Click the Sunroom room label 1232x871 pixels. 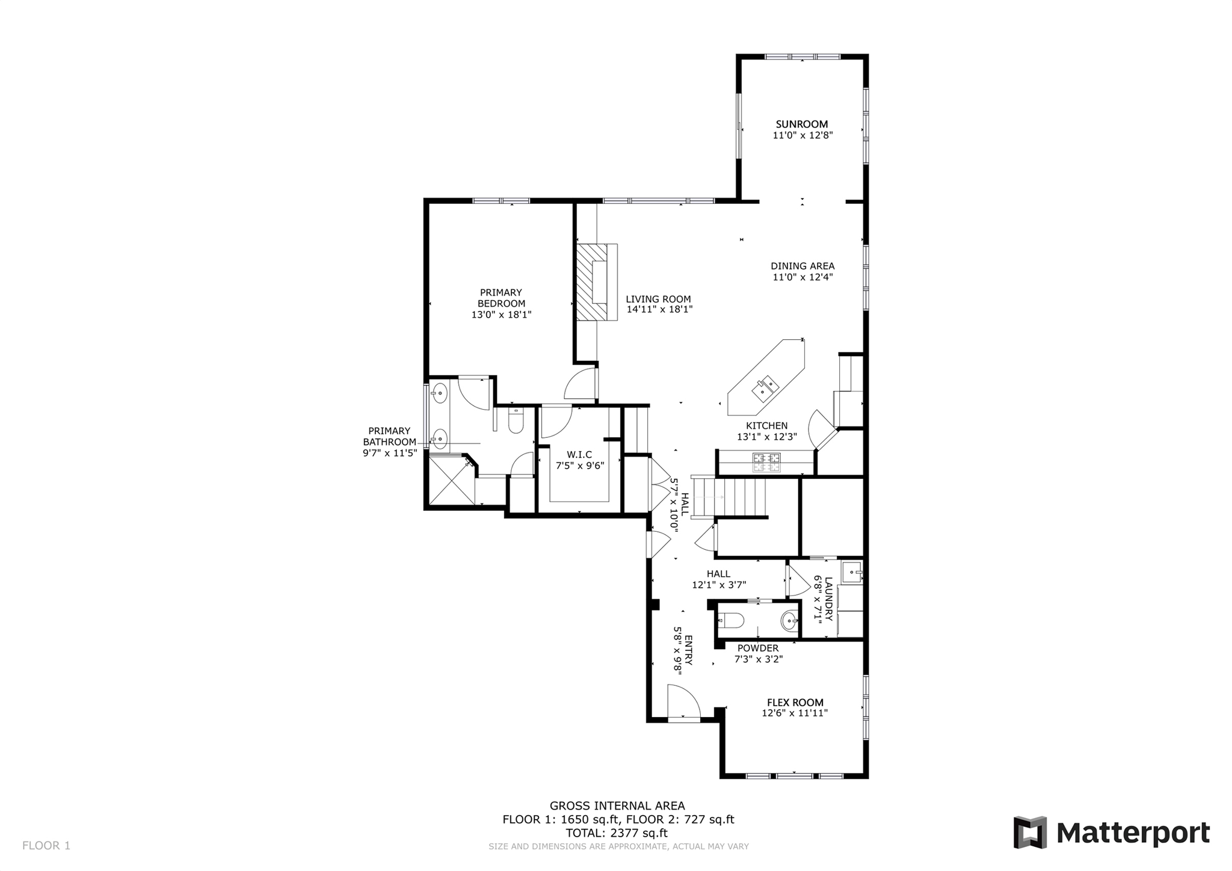coord(802,125)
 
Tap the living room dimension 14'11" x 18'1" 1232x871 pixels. coord(659,310)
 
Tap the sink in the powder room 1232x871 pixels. coord(789,620)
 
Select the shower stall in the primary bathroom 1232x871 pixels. coord(450,481)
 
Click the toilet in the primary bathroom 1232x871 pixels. coord(516,421)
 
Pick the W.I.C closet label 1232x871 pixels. coord(579,454)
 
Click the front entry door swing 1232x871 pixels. coord(685,703)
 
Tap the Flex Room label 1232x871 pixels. coord(795,703)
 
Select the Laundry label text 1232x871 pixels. coord(828,599)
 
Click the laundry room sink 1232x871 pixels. coord(852,572)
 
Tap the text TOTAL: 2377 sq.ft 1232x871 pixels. coord(617,833)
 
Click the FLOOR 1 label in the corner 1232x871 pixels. coord(46,846)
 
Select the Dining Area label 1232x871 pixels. coord(802,266)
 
